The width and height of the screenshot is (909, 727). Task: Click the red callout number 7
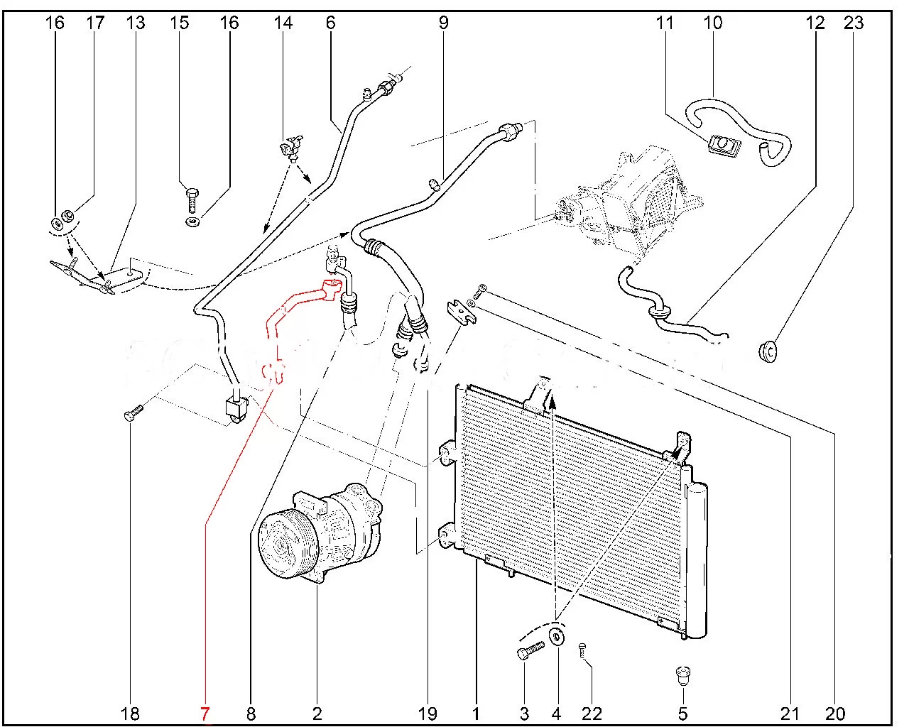pyautogui.click(x=205, y=713)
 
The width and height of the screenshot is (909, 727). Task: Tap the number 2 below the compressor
pyautogui.click(x=317, y=713)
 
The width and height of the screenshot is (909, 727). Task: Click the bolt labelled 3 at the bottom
pyautogui.click(x=530, y=650)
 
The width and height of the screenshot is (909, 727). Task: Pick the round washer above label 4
pyautogui.click(x=557, y=637)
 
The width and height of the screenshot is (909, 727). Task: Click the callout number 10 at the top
pyautogui.click(x=712, y=23)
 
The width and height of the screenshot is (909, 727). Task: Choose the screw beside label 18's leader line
pyautogui.click(x=133, y=411)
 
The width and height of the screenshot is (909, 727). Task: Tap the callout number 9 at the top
pyautogui.click(x=444, y=23)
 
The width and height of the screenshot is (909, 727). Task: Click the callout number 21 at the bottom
pyautogui.click(x=790, y=713)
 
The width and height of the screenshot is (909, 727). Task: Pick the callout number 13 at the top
pyautogui.click(x=135, y=23)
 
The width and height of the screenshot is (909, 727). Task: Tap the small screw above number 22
pyautogui.click(x=583, y=648)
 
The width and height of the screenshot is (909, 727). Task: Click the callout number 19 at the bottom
pyautogui.click(x=428, y=713)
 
